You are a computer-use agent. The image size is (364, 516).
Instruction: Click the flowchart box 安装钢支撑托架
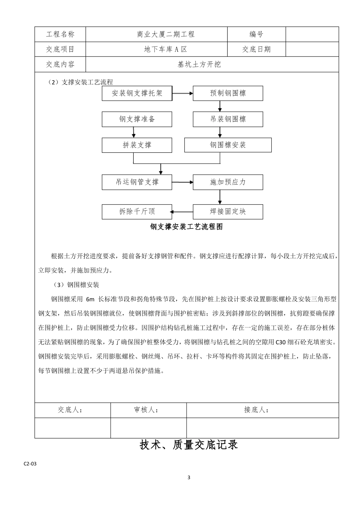[x=137, y=93]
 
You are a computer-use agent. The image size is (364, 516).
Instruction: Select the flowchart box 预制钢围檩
[x=228, y=93]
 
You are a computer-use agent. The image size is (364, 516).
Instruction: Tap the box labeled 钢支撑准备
[x=137, y=119]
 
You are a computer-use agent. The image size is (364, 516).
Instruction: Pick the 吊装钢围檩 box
[x=228, y=119]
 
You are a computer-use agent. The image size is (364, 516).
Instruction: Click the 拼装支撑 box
[x=137, y=145]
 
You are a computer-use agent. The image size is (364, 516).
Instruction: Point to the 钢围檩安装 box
[x=228, y=145]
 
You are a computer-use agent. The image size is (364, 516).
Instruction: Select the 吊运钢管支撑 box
[x=137, y=182]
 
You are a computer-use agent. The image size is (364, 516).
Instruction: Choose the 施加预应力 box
[x=228, y=182]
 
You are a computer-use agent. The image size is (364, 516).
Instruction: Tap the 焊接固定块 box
[x=228, y=212]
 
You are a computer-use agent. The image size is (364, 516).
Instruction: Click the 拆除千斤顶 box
[x=137, y=212]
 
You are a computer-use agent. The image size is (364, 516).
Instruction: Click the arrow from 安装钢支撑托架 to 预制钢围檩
[x=182, y=93]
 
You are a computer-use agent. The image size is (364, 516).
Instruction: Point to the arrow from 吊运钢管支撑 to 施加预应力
[x=182, y=182]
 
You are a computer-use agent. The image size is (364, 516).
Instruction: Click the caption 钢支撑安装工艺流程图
[x=186, y=227]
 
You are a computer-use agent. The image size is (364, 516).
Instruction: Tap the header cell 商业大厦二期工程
[x=166, y=34]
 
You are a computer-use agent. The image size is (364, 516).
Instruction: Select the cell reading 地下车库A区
[x=166, y=49]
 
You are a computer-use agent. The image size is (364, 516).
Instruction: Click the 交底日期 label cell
[x=256, y=49]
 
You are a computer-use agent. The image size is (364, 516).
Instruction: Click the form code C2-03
[x=30, y=463]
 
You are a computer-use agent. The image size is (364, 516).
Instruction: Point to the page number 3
[x=189, y=478]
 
